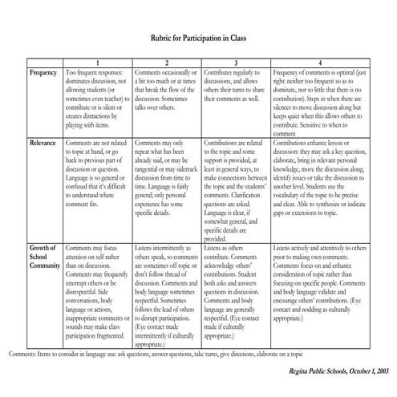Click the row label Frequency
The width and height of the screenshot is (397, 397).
[43, 73]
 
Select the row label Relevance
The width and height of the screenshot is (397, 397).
[43, 143]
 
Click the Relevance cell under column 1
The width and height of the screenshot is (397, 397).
[97, 172]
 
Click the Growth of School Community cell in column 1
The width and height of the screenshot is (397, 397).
[97, 292]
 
